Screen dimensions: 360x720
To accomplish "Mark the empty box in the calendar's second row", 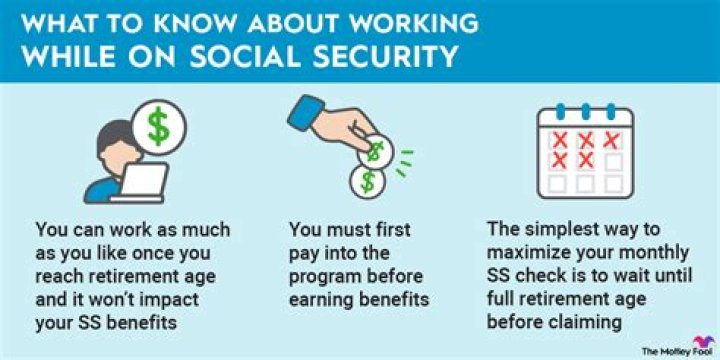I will (615, 160).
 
